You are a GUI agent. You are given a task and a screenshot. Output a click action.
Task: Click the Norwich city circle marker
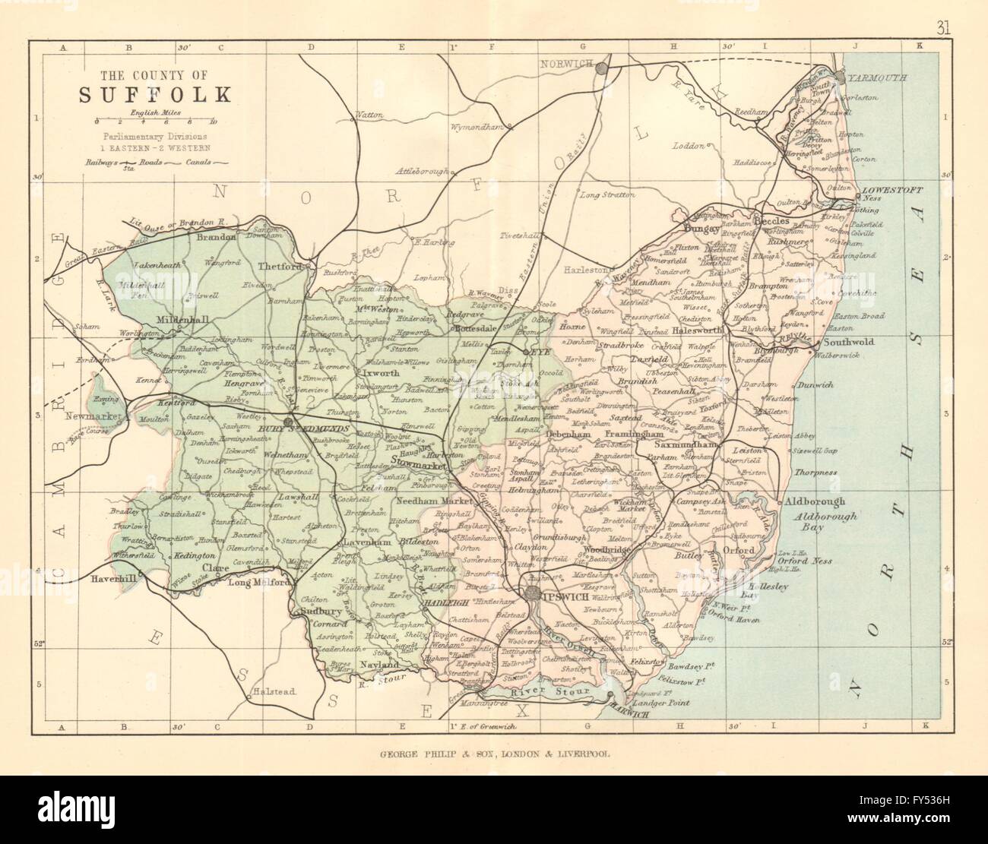[x=601, y=68]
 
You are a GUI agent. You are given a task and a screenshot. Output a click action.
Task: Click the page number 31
[x=943, y=9]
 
